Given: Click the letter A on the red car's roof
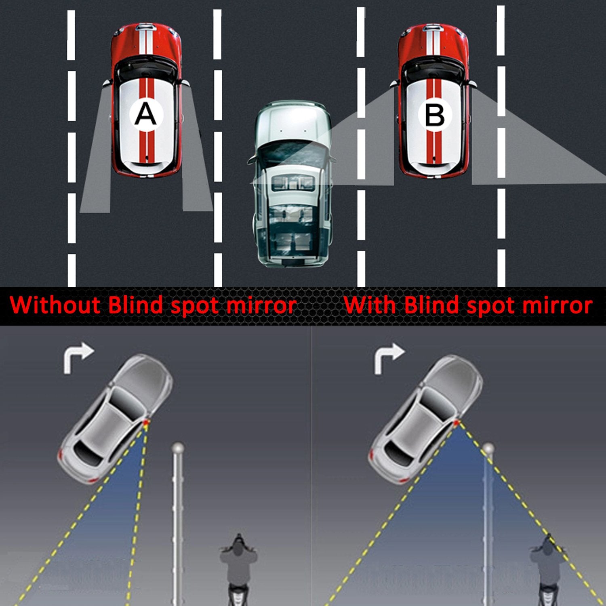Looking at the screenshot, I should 145,114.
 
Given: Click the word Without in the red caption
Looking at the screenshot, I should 55,305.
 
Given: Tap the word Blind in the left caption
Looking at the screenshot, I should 137,305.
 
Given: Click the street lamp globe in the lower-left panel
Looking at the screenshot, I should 178,448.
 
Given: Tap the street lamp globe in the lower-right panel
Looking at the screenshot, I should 488,448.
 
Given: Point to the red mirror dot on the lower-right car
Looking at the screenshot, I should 456,423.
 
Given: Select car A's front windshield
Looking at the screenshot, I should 146,67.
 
